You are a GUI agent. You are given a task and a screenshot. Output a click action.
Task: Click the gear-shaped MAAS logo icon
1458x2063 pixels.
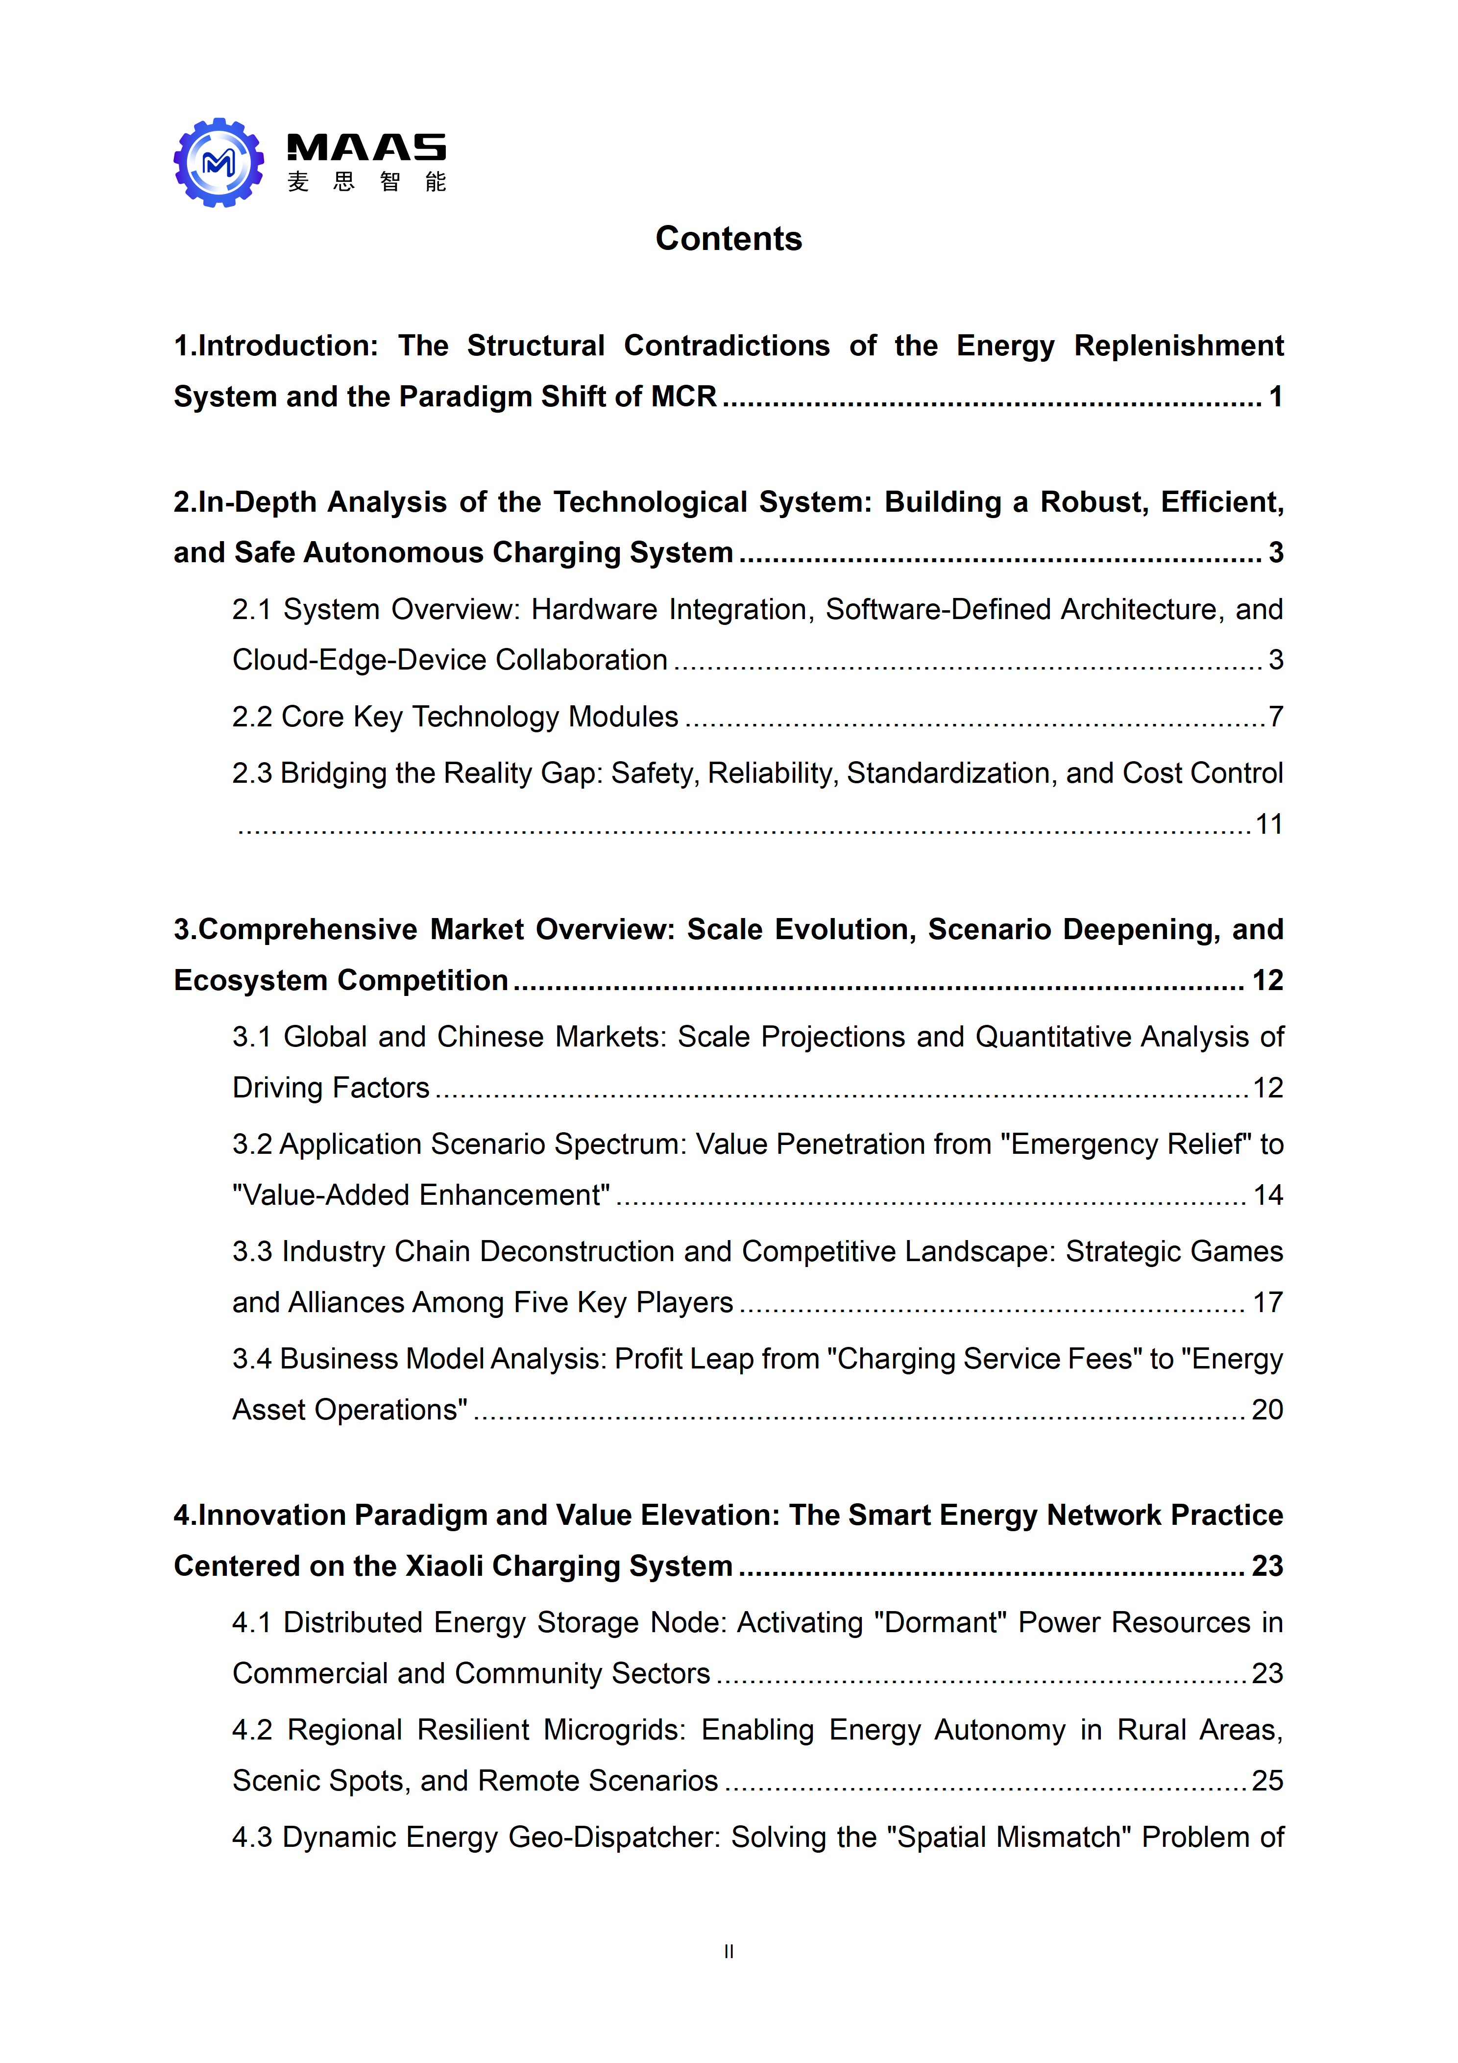[x=219, y=163]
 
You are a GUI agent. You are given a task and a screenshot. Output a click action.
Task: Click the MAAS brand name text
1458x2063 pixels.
[x=365, y=148]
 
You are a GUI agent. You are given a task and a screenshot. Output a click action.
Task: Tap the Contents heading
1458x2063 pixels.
[x=729, y=238]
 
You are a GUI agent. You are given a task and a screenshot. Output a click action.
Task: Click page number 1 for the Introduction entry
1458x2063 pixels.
[x=1275, y=396]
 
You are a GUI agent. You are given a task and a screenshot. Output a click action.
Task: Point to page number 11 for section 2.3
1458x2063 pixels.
[x=1268, y=824]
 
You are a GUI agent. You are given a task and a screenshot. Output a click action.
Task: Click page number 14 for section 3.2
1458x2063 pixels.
[x=1267, y=1195]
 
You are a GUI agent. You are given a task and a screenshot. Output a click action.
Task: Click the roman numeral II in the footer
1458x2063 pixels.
[x=729, y=1952]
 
